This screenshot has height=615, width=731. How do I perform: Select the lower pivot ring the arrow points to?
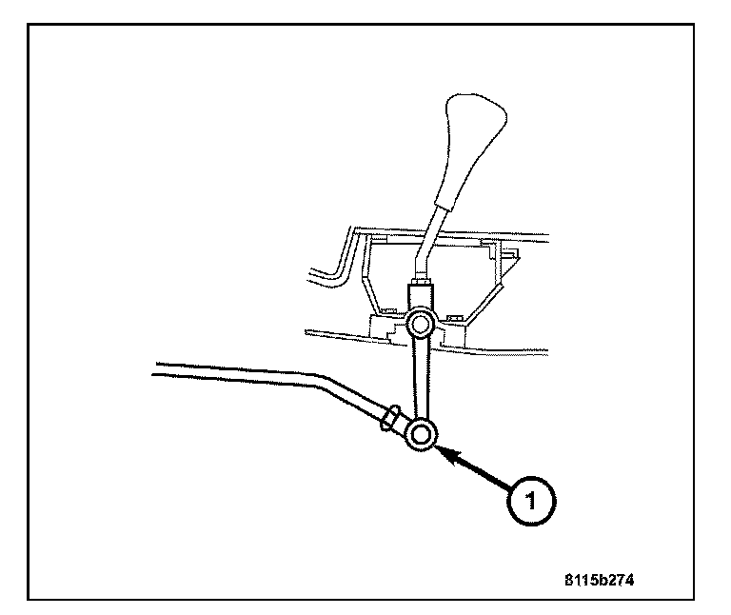[422, 435]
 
